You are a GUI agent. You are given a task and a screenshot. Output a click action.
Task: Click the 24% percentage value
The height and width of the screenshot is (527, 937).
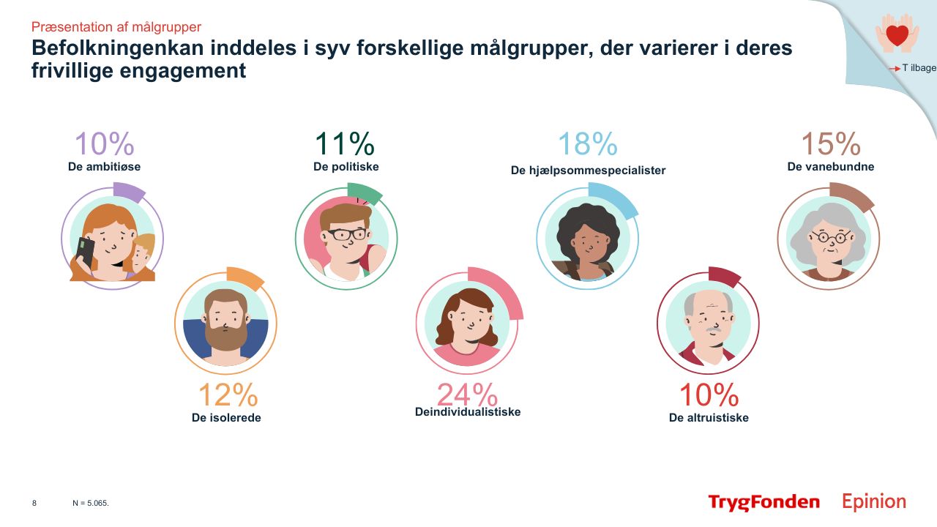[467, 395]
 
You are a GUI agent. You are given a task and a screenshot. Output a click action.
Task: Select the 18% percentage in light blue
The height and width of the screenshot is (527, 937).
[587, 145]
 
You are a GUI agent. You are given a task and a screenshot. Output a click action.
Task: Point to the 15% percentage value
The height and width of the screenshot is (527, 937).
[830, 145]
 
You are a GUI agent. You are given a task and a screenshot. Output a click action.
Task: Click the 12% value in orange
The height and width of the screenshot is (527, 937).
[228, 395]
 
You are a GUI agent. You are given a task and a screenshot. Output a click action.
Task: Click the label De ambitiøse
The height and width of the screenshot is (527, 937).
[104, 166]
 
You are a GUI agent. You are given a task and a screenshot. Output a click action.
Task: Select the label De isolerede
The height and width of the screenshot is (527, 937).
[226, 418]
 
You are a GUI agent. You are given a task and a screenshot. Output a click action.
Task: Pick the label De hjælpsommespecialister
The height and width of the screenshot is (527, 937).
[588, 170]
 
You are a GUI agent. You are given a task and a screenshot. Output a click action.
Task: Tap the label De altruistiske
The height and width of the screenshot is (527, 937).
[709, 418]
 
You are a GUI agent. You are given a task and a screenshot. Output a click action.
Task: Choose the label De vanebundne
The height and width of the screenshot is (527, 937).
[831, 166]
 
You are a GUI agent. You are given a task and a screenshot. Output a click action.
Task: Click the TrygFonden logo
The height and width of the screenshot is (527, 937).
[764, 502]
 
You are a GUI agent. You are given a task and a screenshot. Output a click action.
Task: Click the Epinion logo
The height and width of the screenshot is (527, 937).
[874, 502]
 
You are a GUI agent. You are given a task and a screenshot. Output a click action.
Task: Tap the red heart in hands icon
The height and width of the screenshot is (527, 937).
[897, 34]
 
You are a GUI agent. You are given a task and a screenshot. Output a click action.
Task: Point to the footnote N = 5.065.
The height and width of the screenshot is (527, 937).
[91, 504]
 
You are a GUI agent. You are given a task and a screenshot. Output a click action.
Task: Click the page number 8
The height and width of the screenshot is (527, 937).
[34, 504]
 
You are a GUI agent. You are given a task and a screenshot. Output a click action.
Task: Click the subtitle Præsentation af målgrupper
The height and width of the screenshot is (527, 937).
[116, 27]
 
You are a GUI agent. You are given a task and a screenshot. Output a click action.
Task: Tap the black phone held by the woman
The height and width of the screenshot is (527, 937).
[86, 252]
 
